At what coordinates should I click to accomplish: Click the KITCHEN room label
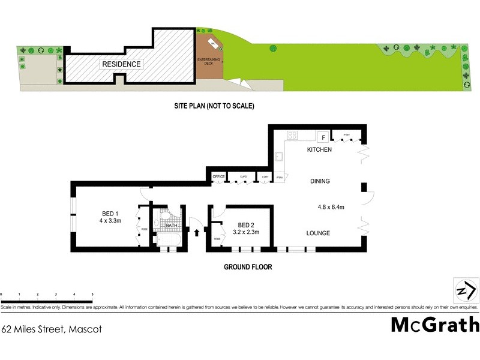[x=319, y=149]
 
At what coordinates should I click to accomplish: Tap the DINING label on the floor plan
[x=319, y=181]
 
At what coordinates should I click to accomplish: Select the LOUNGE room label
[x=318, y=233]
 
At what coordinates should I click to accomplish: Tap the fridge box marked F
[x=322, y=136]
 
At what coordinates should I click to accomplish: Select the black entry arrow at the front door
[x=197, y=233]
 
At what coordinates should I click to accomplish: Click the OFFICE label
[x=218, y=176]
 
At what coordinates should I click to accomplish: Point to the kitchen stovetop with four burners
[x=293, y=135]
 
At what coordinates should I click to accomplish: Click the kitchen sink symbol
[x=280, y=157]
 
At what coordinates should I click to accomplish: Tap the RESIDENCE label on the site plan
[x=121, y=64]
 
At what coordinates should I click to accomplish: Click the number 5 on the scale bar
[x=92, y=294]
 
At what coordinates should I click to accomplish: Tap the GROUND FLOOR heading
[x=248, y=267]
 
